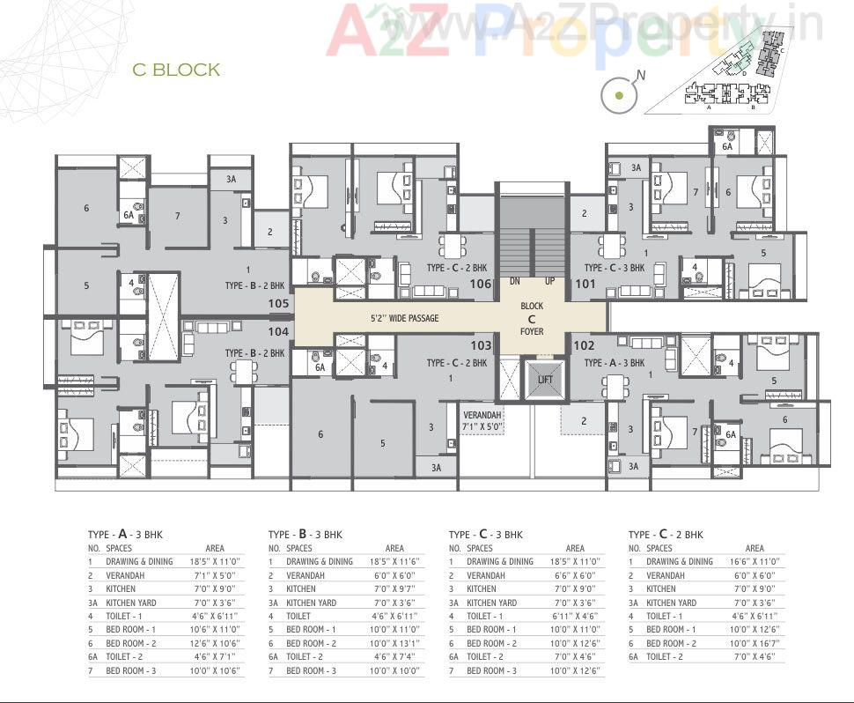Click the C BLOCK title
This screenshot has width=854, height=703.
pos(176,70)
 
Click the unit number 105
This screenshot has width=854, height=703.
pos(278,303)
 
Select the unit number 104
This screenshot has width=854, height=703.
pos(278,331)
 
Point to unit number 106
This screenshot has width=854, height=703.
pos(480,284)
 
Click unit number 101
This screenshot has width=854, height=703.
pos(585,284)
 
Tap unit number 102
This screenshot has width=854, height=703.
pos(584,345)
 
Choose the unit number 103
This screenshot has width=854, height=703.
pos(481,345)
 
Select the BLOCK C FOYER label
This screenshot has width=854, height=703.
pos(532,318)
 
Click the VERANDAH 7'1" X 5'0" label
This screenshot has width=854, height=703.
pos(482,419)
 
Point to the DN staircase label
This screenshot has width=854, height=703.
pos(515,282)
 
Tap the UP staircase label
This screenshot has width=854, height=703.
pos(550,282)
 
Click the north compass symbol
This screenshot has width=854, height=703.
pos(620,94)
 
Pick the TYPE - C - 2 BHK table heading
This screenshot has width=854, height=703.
pos(666,534)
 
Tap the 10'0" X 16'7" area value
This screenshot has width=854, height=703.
pos(755,643)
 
